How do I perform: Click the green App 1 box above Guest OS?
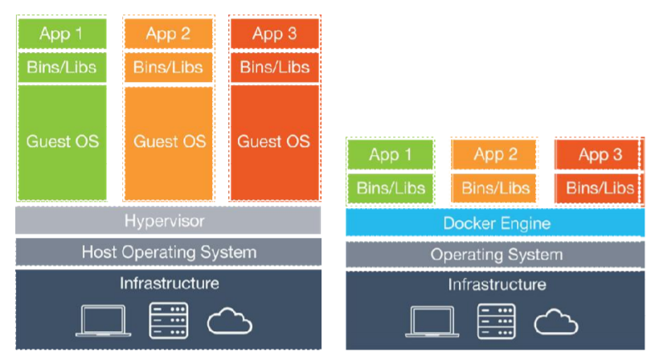pos(62,34)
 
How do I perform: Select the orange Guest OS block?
pos(169,141)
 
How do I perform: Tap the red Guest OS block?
pos(273,141)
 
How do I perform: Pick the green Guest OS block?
pos(62,141)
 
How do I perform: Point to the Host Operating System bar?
pos(167,252)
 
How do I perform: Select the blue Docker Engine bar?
pos(495,223)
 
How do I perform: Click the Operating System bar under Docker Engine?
pos(495,255)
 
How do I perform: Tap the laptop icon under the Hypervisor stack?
pos(102,321)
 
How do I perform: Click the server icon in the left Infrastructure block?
pos(168,320)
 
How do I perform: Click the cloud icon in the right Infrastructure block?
pos(556,321)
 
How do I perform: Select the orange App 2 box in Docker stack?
pos(493,155)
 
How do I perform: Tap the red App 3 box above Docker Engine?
pos(599,155)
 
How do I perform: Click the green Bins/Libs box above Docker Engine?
pos(390,188)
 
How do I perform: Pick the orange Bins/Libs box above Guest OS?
pos(169,67)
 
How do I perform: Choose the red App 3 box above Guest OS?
pos(273,34)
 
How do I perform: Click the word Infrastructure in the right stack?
pos(495,284)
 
